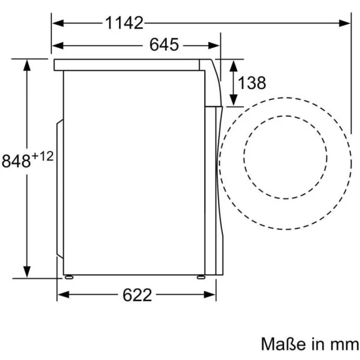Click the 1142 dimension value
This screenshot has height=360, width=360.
click(124, 23)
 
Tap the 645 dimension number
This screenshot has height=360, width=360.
click(164, 45)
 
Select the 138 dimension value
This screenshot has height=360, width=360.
click(252, 82)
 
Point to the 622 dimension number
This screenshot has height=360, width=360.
click(137, 295)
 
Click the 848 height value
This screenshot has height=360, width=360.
click(16, 161)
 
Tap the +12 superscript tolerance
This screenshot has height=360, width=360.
click(43, 156)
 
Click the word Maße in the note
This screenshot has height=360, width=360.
click(283, 344)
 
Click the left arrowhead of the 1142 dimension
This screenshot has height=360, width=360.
click(58, 23)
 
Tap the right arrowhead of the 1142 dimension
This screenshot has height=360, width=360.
click(344, 23)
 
